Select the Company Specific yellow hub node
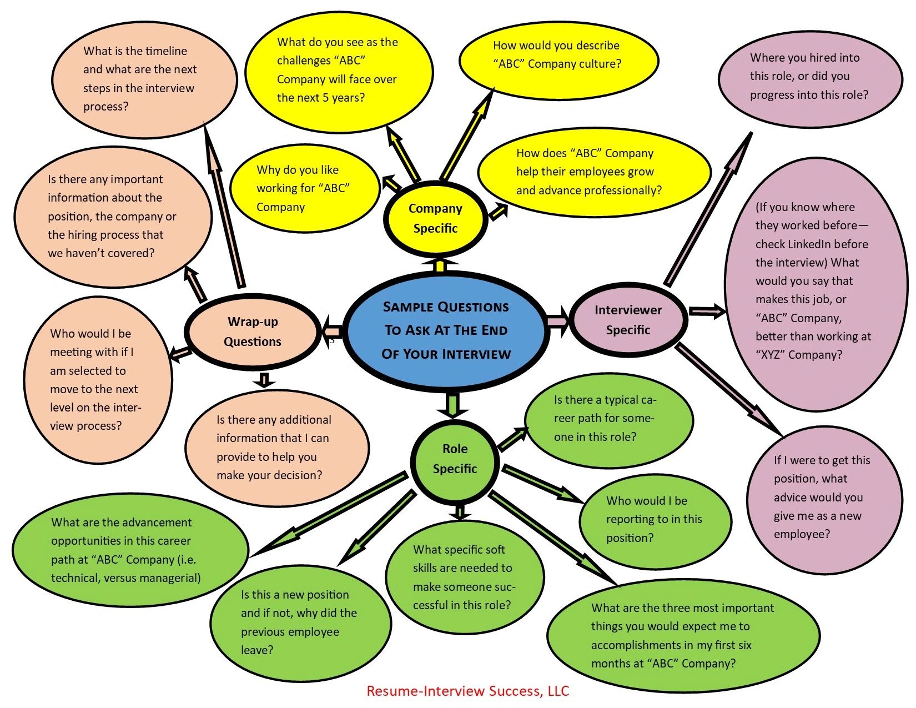(x=435, y=218)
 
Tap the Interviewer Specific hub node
(x=628, y=320)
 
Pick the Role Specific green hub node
(x=455, y=459)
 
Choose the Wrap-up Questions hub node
(x=253, y=332)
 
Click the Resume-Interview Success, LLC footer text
(x=467, y=691)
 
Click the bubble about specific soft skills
(x=464, y=578)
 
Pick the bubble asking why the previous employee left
(x=300, y=622)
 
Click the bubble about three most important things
(x=683, y=636)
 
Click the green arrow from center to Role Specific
(x=454, y=405)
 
